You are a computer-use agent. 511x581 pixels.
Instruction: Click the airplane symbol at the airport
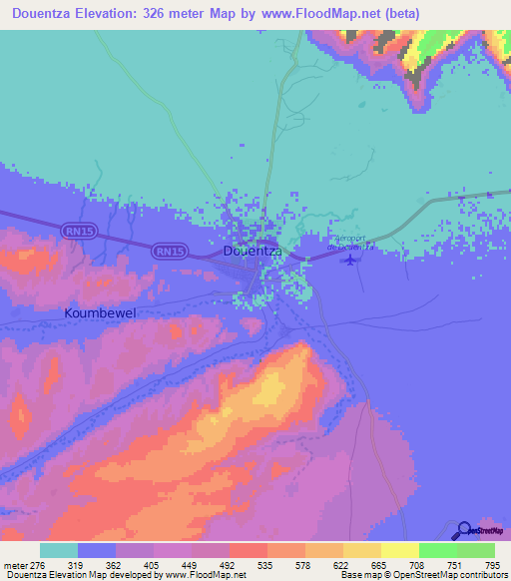tap(349, 261)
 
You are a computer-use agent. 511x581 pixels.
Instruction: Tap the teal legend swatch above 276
tap(59, 550)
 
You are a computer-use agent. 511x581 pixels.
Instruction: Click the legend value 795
tap(490, 564)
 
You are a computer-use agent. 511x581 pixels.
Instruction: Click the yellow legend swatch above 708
tap(400, 550)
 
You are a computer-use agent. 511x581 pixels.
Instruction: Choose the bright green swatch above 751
tap(438, 550)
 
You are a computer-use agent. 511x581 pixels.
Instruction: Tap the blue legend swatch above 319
tap(97, 550)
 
